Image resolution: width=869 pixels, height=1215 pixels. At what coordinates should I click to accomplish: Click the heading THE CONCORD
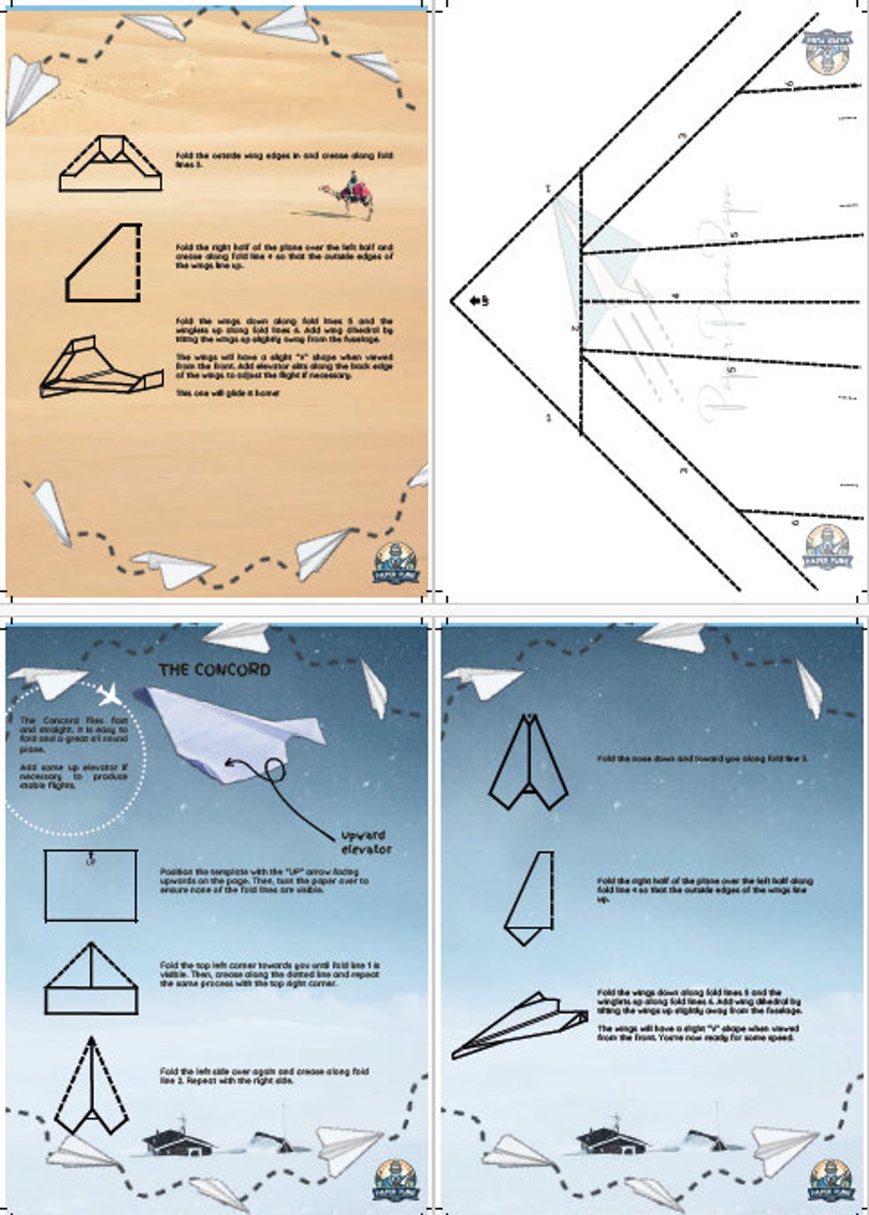[214, 670]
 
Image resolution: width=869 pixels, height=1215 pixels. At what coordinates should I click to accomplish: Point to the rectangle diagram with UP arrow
[91, 886]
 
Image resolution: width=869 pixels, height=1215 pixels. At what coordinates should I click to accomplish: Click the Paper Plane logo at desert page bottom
[396, 564]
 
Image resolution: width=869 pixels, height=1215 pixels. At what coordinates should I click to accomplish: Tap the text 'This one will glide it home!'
[228, 393]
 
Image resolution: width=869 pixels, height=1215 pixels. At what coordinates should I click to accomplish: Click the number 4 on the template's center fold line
[675, 296]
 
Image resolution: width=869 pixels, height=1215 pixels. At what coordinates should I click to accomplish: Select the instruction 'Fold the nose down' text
[702, 759]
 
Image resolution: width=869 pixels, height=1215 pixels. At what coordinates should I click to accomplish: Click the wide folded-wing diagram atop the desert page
[111, 163]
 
